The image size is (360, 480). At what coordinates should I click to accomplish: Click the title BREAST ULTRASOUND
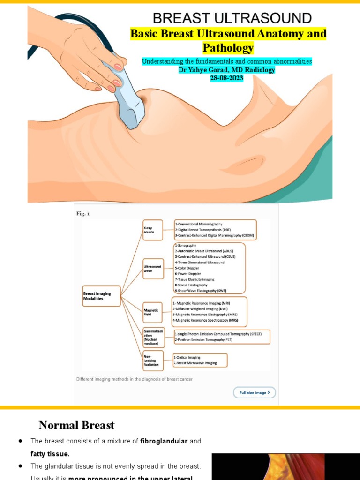click(x=232, y=18)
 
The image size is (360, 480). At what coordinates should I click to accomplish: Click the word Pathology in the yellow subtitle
click(x=228, y=48)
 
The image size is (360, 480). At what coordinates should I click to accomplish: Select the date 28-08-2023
click(x=227, y=78)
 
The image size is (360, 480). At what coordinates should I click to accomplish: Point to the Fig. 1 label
click(x=83, y=214)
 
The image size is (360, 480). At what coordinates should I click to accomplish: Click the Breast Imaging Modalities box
click(x=101, y=296)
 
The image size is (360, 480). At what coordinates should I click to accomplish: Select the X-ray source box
click(x=152, y=230)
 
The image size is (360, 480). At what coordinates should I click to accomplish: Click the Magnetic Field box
click(x=152, y=312)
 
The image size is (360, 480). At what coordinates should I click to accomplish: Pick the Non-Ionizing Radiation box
click(x=152, y=360)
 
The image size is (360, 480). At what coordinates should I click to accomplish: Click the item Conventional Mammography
click(x=199, y=224)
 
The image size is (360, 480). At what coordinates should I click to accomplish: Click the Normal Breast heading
click(x=76, y=425)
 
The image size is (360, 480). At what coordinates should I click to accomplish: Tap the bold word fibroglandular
click(x=164, y=441)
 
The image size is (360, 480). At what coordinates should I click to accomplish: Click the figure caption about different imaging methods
click(x=134, y=379)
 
